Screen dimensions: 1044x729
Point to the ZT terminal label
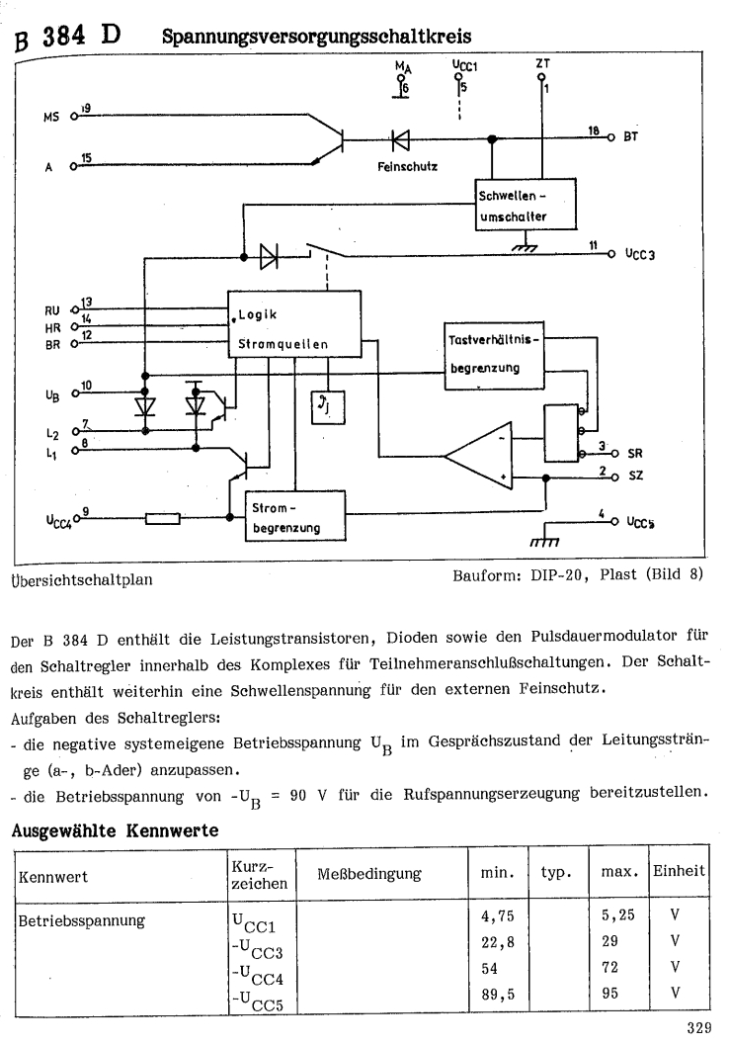(541, 62)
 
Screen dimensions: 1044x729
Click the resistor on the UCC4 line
(162, 517)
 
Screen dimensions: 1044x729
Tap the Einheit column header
(679, 871)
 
